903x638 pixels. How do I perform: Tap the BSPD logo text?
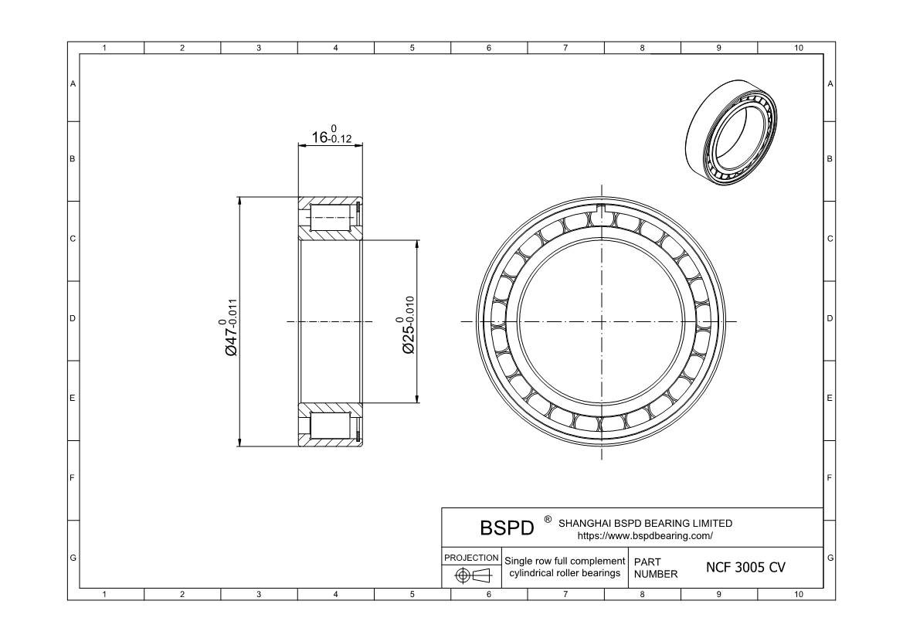(x=507, y=528)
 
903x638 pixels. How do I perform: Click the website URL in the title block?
(x=644, y=535)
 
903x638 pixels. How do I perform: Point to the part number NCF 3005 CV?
(x=745, y=567)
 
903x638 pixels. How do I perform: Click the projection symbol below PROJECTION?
(x=471, y=575)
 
